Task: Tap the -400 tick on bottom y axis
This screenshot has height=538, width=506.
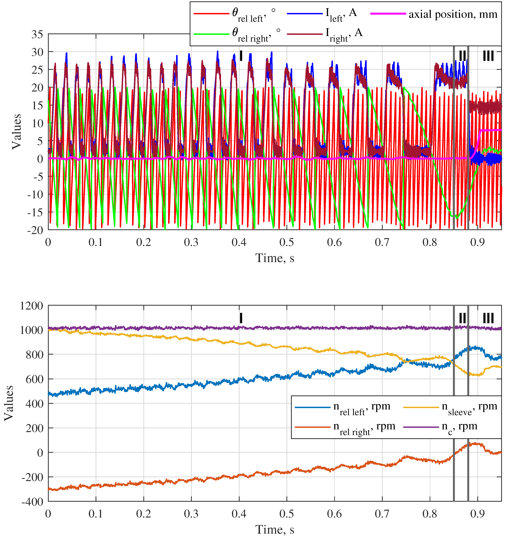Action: (32, 502)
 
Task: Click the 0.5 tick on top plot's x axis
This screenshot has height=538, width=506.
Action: (287, 242)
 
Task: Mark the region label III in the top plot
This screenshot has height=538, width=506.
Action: (488, 56)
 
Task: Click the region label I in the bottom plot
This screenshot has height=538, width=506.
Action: (241, 318)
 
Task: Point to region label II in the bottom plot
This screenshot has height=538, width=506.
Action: (462, 318)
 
